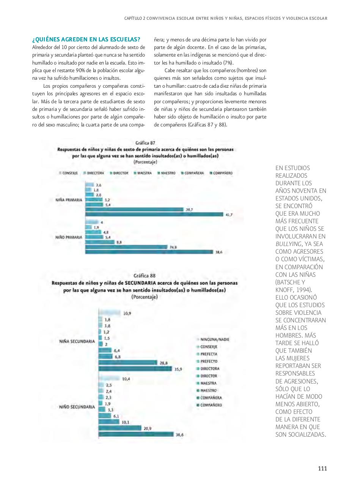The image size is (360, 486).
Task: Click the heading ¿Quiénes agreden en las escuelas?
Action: tap(86, 39)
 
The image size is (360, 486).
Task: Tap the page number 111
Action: tap(322, 468)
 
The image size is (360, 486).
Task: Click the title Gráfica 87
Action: tap(145, 143)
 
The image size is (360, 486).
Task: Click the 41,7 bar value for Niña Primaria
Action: tap(229, 215)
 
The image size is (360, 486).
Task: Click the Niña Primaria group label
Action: tap(69, 200)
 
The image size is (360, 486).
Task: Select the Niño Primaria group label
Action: tap(69, 237)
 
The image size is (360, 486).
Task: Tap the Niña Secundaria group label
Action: tap(77, 341)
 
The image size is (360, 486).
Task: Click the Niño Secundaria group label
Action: tap(77, 407)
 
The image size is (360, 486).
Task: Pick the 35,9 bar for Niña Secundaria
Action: tap(135, 368)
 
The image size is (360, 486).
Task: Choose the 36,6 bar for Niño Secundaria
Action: tap(136, 434)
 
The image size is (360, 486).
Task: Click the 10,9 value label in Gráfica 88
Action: tap(127, 313)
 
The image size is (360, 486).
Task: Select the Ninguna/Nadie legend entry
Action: tap(214, 339)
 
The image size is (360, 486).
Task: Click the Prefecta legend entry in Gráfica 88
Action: tap(209, 354)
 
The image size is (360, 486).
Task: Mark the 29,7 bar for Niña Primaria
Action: tap(134, 209)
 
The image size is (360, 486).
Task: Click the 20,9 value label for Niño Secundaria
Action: tap(148, 428)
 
